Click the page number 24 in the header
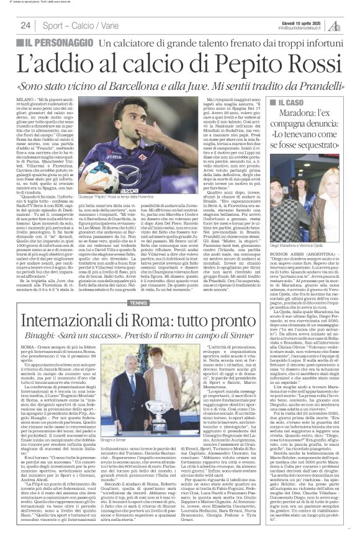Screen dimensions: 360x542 point(26,25)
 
